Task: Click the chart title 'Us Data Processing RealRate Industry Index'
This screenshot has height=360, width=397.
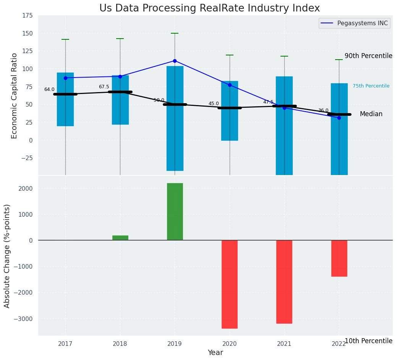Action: tap(209, 8)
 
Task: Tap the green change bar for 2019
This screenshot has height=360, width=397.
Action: tap(175, 212)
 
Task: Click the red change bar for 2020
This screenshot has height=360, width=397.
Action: tap(230, 284)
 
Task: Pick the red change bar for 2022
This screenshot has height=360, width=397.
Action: tap(339, 258)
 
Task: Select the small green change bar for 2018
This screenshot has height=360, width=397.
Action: tap(120, 238)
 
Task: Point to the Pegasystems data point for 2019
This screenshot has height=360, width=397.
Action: tap(175, 61)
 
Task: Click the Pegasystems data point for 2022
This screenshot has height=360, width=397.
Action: tap(339, 118)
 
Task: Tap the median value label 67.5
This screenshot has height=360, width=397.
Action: tap(104, 87)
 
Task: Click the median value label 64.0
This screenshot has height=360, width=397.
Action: tap(49, 89)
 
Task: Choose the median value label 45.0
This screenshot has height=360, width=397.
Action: tap(214, 104)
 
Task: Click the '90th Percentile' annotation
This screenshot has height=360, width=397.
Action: tap(368, 56)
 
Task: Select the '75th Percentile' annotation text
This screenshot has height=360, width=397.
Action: tap(371, 86)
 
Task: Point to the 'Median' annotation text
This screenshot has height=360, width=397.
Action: tap(371, 114)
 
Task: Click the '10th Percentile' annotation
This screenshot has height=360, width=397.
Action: tap(368, 341)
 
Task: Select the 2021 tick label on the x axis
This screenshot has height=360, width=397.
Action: tap(284, 344)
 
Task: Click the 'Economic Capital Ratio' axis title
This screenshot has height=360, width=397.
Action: tap(15, 96)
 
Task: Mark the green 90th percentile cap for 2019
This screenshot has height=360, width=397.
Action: tap(175, 33)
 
